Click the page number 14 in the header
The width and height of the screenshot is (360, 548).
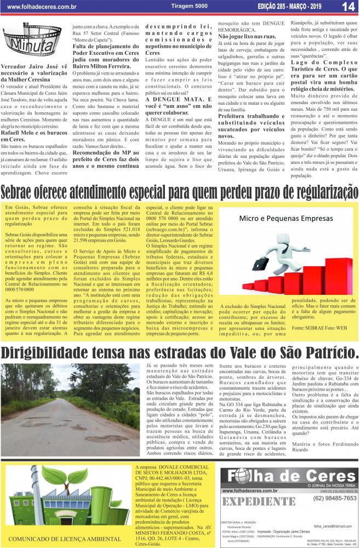(347, 7)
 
